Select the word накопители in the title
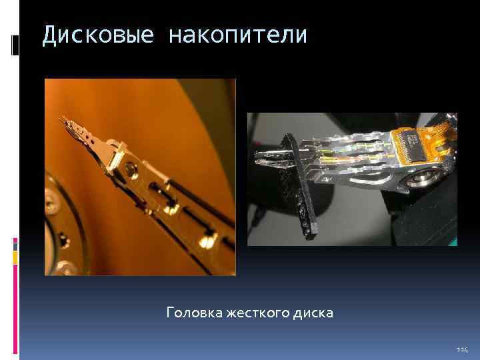[x=238, y=35]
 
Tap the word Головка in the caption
[x=193, y=312]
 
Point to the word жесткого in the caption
[x=257, y=312]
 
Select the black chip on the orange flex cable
[x=409, y=141]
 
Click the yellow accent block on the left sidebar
[x=15, y=260]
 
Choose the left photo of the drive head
[x=140, y=177]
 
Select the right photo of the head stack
[x=352, y=179]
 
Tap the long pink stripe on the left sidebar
[x=15, y=313]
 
